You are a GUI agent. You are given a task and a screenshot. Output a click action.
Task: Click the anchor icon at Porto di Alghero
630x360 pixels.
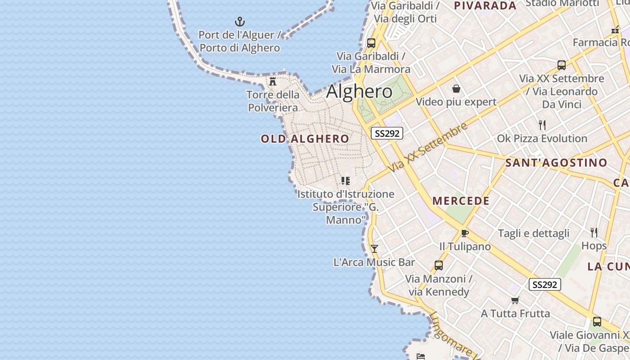point(240,21)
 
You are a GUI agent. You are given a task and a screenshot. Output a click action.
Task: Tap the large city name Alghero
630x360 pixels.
point(359,91)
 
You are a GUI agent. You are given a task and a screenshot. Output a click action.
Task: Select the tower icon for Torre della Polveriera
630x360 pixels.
point(273,81)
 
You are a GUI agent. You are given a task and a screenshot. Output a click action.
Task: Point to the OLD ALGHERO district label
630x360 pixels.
point(305,139)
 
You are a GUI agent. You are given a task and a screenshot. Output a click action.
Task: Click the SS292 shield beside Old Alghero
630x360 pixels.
point(387,133)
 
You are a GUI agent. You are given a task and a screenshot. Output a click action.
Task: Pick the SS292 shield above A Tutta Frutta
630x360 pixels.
point(544,284)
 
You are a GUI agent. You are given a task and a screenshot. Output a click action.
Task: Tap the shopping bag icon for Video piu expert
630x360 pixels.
point(456,89)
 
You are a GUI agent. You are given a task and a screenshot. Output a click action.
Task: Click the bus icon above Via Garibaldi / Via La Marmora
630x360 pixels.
point(371,43)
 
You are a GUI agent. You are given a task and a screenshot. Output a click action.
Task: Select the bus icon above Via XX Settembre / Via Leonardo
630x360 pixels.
point(562,65)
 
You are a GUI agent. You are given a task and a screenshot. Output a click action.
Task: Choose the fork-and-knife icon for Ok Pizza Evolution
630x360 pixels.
point(542,125)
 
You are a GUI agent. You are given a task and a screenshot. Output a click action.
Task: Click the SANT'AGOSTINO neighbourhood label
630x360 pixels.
point(556,162)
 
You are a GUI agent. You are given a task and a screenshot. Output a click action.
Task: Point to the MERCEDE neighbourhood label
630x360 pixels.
point(461,201)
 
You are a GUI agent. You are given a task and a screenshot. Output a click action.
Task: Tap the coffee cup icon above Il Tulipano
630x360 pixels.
point(465,233)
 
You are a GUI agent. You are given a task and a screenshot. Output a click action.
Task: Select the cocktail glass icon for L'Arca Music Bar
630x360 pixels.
point(374,248)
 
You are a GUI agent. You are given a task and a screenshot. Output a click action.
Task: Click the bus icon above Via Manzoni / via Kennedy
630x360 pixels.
point(439,265)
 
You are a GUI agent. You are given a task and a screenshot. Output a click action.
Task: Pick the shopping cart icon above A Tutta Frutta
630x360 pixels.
point(515,300)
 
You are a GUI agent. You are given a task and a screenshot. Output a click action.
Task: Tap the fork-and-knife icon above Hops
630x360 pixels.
point(594,232)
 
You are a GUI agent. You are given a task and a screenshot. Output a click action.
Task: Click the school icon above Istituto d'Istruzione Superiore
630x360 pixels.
point(345,181)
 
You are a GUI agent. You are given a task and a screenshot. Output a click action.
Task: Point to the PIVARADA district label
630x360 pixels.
point(485,6)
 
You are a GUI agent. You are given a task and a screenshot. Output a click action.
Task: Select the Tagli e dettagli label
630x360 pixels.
point(533,233)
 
